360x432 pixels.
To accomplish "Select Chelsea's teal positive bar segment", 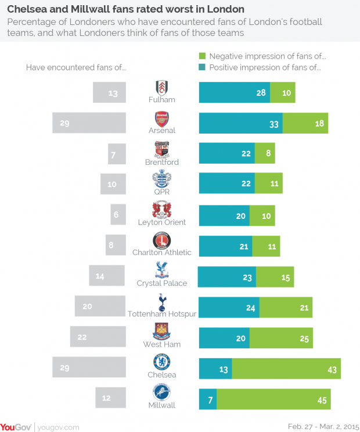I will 215,369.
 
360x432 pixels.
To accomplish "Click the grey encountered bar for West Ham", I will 98,337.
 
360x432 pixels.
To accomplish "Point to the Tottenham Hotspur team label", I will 162,314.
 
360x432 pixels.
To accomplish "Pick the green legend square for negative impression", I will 203,56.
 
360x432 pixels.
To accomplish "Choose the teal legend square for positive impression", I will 203,68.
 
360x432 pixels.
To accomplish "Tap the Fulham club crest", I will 162,88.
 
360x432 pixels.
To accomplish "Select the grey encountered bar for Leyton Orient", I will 118,214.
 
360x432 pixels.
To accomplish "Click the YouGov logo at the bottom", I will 16,426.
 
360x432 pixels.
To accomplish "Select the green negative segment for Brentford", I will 265,153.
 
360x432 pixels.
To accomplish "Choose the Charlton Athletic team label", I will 162,252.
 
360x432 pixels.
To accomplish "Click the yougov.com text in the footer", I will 59,427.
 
